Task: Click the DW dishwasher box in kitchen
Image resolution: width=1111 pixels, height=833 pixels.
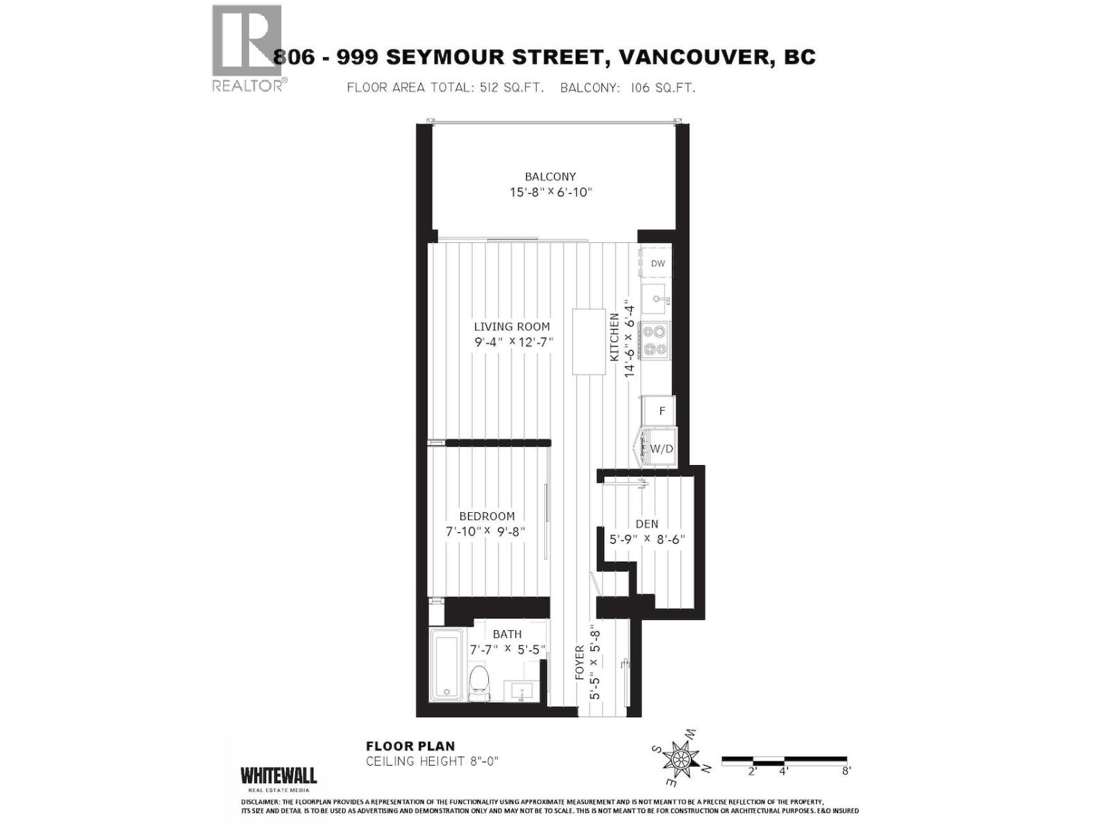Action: coord(657,263)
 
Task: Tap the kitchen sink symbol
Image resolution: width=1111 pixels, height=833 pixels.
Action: coord(653,299)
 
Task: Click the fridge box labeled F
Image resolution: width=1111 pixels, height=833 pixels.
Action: coord(660,411)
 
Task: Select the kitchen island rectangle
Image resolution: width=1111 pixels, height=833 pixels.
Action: coord(588,342)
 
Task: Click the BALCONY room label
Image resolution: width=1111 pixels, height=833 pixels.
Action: coord(550,176)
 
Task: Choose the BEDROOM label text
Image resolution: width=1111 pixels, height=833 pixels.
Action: coord(487,516)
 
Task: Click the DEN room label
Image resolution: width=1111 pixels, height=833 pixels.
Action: coord(646,524)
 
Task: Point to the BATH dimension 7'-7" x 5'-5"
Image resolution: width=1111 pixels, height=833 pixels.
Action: coord(508,650)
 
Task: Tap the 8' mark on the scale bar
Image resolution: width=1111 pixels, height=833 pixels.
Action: coord(845,770)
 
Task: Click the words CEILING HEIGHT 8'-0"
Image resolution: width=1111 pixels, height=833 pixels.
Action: coord(432,762)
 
